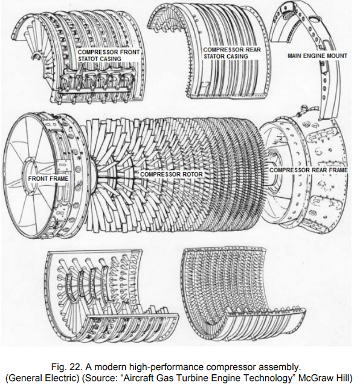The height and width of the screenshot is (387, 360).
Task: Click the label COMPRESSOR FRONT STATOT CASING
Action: coord(109,56)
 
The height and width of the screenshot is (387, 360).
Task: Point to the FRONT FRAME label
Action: coord(48,179)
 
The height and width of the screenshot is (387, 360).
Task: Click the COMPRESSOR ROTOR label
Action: coord(171,174)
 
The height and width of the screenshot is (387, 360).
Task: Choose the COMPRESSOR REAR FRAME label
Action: coord(308,171)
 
